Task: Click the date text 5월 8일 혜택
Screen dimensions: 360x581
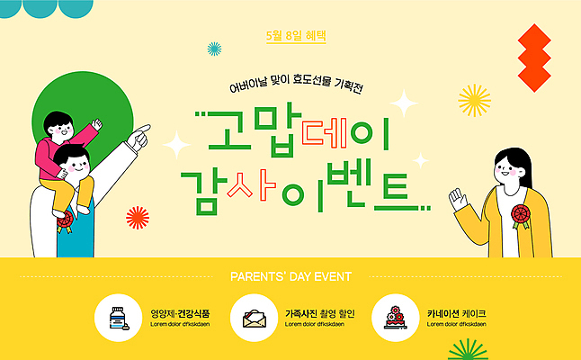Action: tap(295, 36)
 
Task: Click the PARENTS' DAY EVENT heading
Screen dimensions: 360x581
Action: tap(290, 276)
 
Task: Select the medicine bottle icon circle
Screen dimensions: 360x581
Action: tap(118, 317)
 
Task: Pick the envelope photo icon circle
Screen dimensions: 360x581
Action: tap(255, 317)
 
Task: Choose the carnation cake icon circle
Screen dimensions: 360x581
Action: tap(395, 317)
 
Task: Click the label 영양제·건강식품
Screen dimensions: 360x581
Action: tap(181, 313)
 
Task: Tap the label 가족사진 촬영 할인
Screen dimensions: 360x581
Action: tap(320, 313)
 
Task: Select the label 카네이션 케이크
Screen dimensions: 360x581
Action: tap(457, 313)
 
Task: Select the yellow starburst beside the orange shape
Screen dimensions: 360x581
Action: tap(474, 99)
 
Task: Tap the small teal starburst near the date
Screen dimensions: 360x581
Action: tap(214, 48)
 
